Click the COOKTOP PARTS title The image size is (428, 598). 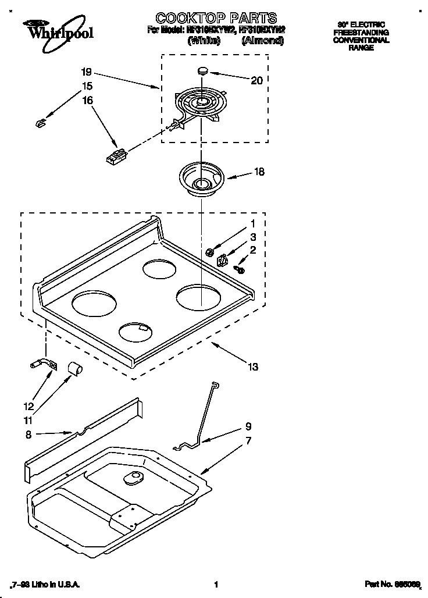(x=216, y=18)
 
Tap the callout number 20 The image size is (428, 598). (x=256, y=81)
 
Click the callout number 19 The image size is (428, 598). (x=87, y=73)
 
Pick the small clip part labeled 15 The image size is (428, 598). (x=40, y=122)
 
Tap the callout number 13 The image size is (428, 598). (x=253, y=367)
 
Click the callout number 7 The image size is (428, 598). (x=248, y=441)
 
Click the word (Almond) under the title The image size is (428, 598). (x=262, y=41)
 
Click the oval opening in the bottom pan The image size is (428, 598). (x=133, y=479)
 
